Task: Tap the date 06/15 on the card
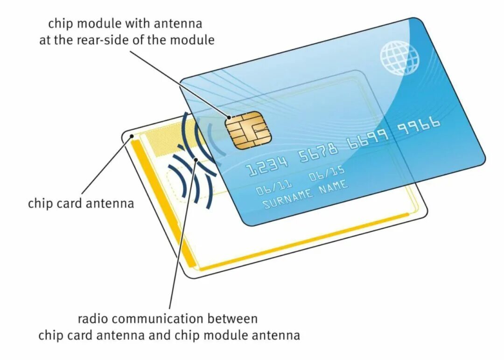[326, 175]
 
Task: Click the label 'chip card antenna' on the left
[81, 204]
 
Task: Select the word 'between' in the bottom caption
[232, 319]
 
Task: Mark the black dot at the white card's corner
[133, 137]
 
